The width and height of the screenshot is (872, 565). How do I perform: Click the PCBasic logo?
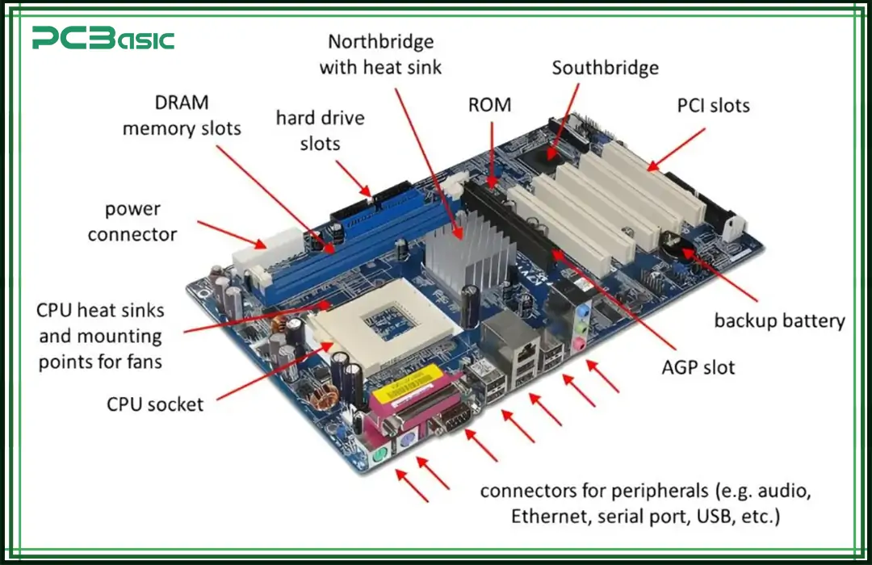[x=103, y=38]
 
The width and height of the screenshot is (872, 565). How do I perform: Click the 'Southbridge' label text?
[x=605, y=68]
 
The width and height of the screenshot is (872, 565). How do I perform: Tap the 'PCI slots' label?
[x=712, y=105]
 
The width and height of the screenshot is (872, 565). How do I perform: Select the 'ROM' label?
[x=489, y=105]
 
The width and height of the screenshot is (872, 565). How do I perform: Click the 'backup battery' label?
[x=779, y=320]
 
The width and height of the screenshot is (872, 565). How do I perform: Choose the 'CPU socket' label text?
[x=155, y=404]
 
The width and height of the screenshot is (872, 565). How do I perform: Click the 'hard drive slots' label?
[x=320, y=130]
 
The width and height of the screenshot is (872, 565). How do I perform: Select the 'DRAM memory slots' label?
[x=182, y=115]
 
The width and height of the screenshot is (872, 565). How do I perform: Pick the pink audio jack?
[x=578, y=345]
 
